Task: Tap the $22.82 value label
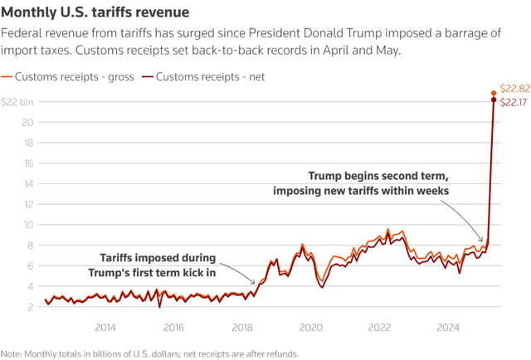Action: [514, 89]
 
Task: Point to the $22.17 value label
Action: [514, 101]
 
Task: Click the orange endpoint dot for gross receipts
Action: [494, 93]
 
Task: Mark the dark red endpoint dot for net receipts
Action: [494, 100]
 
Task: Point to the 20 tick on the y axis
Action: [29, 122]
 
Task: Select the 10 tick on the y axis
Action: [29, 224]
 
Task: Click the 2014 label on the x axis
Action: [105, 327]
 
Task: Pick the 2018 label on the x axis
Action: [242, 327]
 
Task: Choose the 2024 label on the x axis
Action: [448, 327]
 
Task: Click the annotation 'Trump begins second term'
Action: [378, 177]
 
